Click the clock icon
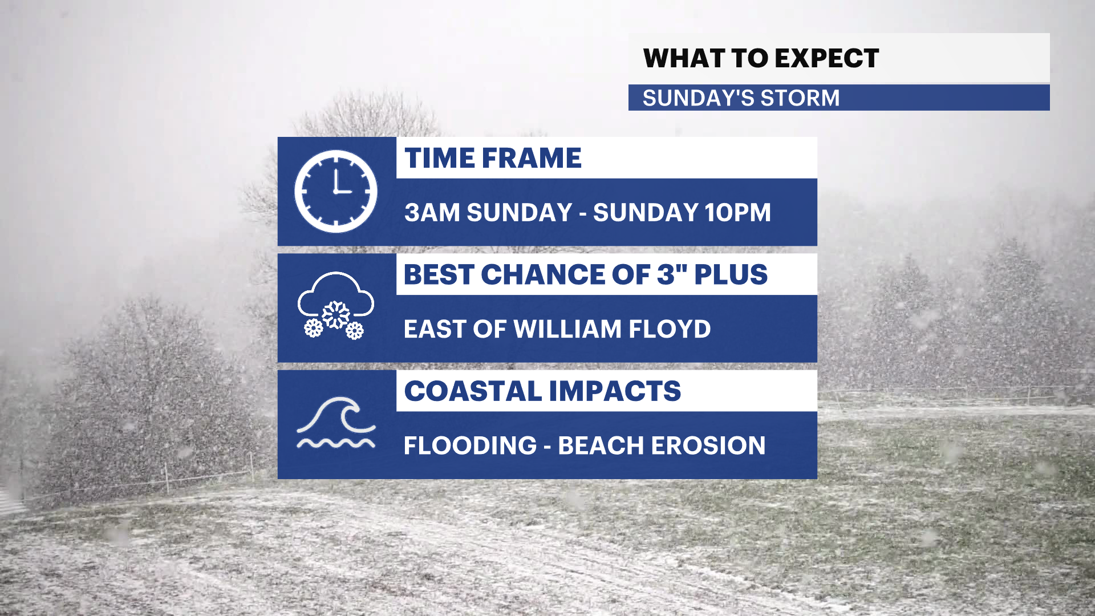point(335,192)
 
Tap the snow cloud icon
point(335,306)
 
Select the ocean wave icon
point(336,423)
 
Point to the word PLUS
point(731,274)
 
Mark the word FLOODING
point(471,445)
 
